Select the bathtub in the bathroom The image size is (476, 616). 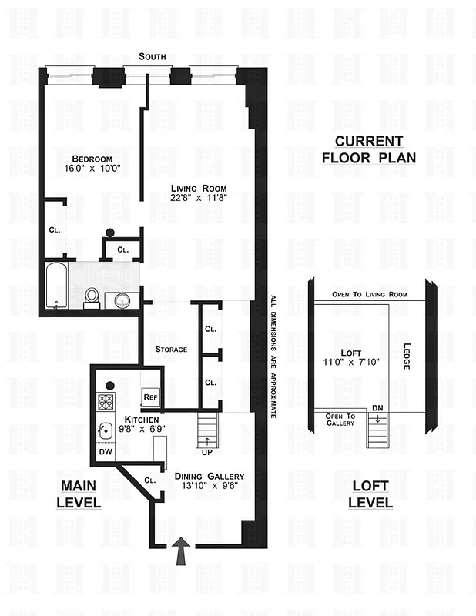tap(59, 286)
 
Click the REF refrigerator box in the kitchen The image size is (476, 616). tap(151, 397)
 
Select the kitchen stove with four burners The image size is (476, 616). tap(106, 401)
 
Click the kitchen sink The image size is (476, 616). tap(106, 430)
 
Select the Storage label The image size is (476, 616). tap(171, 349)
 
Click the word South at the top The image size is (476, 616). tap(153, 57)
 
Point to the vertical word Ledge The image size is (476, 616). tap(405, 355)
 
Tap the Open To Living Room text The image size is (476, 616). tap(369, 294)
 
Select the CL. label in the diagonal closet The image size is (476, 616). tap(149, 480)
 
